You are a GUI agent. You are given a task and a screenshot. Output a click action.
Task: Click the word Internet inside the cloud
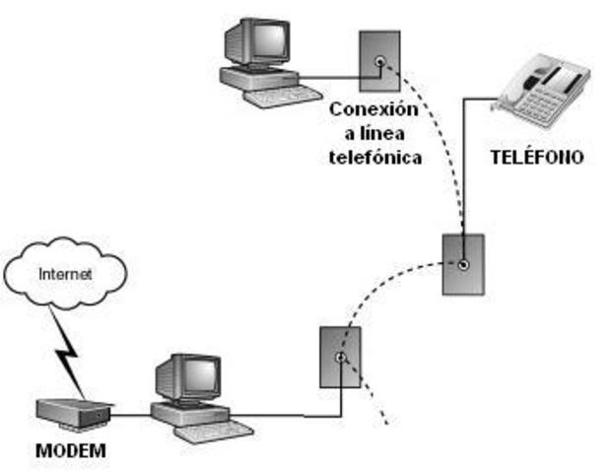[x=65, y=275]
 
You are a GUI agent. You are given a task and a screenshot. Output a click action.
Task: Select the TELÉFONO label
[x=536, y=157]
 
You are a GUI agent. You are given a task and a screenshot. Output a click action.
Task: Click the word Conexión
[x=375, y=108]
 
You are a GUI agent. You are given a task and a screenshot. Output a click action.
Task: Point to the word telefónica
[x=375, y=156]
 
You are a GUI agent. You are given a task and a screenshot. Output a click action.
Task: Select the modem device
[x=71, y=413]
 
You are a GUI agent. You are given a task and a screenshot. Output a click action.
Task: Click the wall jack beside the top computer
[x=379, y=61]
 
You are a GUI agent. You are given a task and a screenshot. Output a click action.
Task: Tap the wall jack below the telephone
[x=462, y=263]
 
